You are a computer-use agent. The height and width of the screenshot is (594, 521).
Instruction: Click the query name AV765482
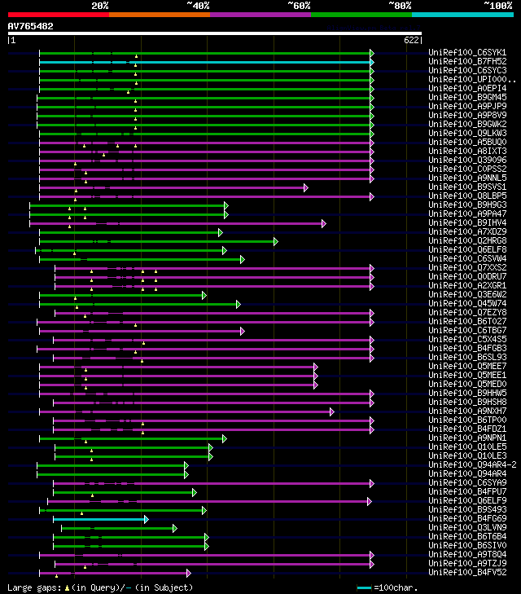30,26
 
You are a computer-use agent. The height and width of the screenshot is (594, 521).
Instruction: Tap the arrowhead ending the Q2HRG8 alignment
276,241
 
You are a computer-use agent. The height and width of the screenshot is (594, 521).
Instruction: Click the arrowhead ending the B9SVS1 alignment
306,187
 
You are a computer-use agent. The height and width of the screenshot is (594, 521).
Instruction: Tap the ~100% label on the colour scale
497,5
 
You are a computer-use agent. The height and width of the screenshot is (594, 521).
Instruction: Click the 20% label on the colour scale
100,5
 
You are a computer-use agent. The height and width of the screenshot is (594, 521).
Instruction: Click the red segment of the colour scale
58,14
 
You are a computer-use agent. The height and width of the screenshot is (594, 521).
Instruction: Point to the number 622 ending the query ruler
412,39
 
